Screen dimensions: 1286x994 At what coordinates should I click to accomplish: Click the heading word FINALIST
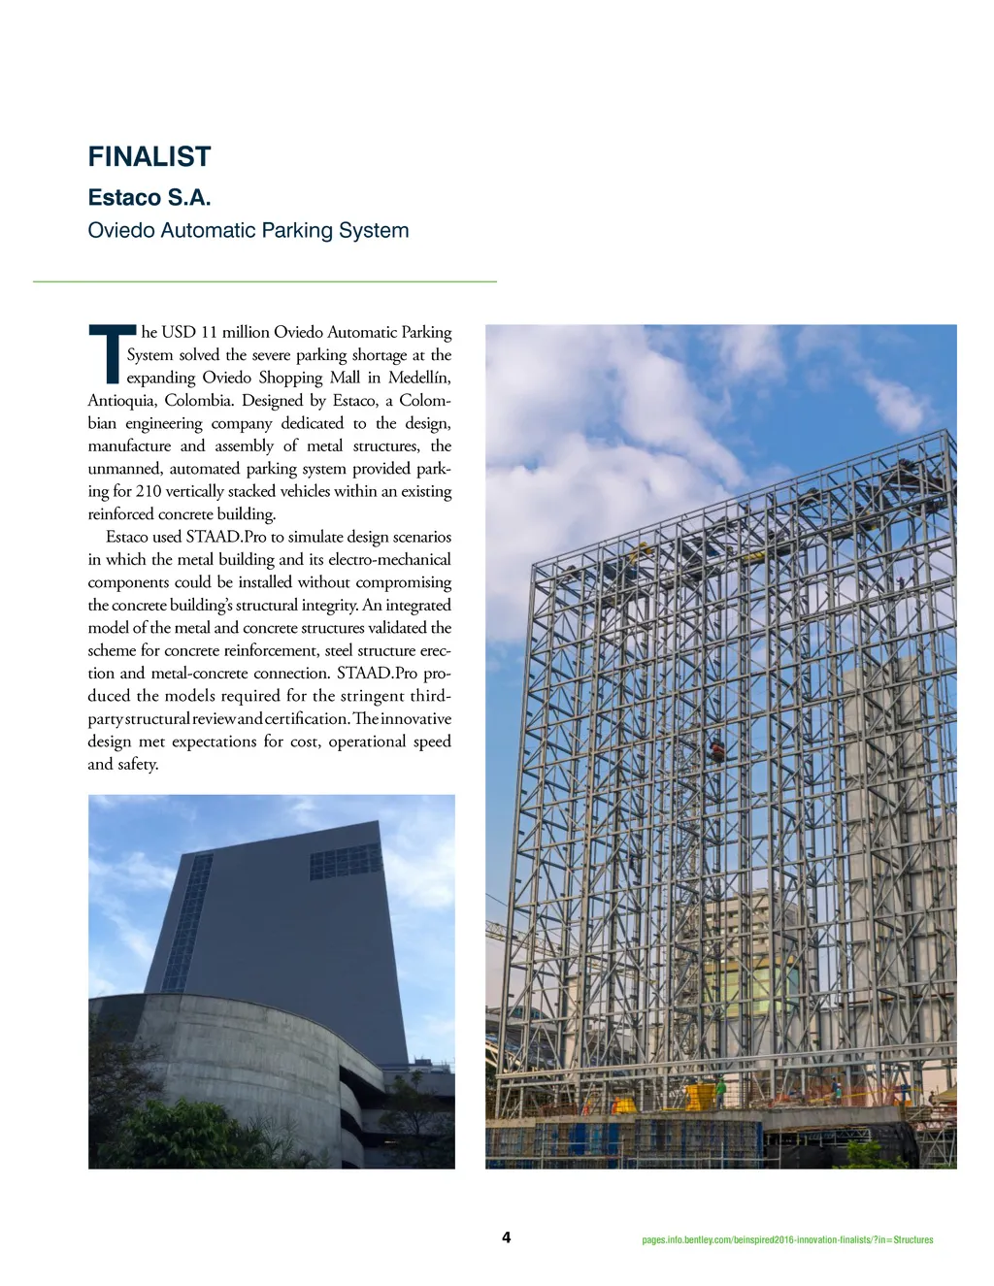click(x=149, y=157)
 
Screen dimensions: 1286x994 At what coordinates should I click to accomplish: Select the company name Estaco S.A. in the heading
click(x=149, y=198)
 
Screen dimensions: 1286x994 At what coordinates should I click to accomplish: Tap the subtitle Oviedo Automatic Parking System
click(x=248, y=231)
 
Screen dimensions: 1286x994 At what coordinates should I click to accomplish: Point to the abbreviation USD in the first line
click(x=178, y=333)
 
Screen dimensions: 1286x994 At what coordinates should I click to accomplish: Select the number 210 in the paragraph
click(x=149, y=491)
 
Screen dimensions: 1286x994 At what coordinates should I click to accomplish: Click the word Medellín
click(x=419, y=378)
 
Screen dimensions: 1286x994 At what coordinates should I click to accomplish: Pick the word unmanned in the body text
click(x=123, y=469)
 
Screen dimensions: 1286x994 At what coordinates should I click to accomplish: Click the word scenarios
click(x=422, y=537)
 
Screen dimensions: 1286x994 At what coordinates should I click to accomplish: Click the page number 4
click(x=506, y=1237)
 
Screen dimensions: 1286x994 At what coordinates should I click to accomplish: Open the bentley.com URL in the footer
click(x=787, y=1239)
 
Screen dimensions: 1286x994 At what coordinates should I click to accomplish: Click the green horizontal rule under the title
click(x=264, y=281)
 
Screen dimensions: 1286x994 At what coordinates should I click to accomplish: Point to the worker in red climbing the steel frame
click(x=717, y=750)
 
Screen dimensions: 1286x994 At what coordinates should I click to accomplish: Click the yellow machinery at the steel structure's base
click(x=698, y=1097)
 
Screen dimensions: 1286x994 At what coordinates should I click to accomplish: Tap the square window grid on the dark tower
click(x=345, y=862)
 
